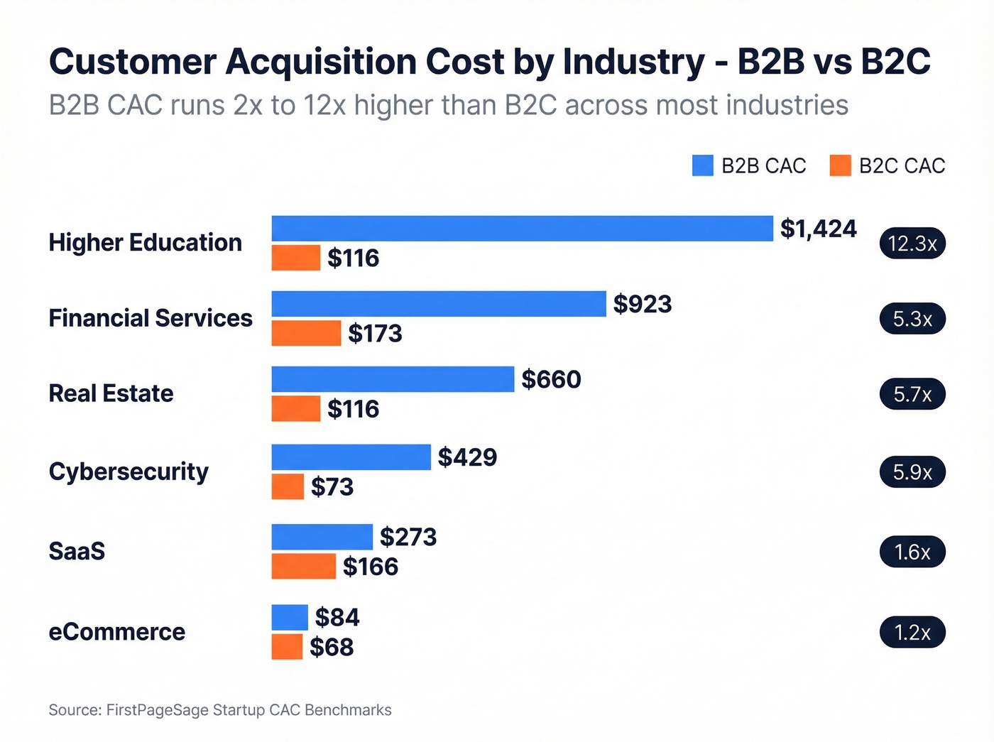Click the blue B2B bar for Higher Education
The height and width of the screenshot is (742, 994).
pos(522,229)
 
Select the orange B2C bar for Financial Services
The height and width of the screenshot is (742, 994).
pos(306,333)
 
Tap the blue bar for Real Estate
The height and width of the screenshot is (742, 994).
pos(393,379)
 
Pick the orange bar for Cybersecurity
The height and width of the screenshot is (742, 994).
pos(288,487)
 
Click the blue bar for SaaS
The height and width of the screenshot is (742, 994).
pos(322,537)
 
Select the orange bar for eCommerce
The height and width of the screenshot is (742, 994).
pos(287,647)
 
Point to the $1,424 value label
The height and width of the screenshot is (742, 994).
pos(818,229)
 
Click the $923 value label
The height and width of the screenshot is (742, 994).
pos(642,304)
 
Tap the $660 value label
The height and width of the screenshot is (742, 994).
pos(551,379)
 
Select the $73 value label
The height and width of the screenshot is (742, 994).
pos(332,487)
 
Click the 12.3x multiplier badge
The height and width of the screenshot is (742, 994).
pos(912,244)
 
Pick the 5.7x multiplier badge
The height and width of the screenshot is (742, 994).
pos(912,394)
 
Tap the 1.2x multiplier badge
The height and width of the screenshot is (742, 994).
pos(912,633)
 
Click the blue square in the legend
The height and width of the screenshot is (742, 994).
pos(702,165)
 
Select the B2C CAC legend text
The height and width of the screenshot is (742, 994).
pos(902,165)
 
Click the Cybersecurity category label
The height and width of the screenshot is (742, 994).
pos(129,471)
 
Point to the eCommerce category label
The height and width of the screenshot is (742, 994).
pos(116,632)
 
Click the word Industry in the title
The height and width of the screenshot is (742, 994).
pos(633,62)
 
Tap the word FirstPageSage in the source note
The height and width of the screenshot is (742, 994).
pos(157,710)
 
